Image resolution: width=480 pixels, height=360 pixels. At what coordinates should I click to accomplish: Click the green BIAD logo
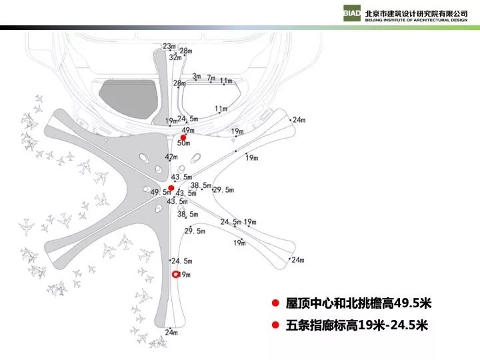[353, 14]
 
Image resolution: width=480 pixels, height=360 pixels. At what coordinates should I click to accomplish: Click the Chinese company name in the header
[416, 11]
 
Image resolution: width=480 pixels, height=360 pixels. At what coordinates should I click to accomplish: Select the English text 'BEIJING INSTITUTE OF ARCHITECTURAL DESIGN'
[416, 19]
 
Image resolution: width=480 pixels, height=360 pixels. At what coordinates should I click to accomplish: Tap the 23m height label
[169, 47]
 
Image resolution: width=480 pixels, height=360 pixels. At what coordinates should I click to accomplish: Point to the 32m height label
[175, 57]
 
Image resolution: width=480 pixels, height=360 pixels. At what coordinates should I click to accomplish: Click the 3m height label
[196, 77]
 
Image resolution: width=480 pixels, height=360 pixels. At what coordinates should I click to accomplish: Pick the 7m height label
[211, 78]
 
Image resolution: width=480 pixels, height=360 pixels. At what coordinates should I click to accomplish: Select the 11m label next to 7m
[227, 81]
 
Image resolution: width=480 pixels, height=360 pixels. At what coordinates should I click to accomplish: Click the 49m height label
[188, 130]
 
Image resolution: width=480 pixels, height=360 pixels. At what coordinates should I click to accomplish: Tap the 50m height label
[184, 143]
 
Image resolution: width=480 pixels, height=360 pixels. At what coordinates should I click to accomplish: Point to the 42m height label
[171, 157]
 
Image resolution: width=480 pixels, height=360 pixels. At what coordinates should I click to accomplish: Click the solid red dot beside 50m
[183, 137]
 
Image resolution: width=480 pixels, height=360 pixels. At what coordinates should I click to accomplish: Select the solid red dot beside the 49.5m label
[171, 188]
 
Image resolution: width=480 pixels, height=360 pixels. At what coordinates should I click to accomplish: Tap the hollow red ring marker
[177, 275]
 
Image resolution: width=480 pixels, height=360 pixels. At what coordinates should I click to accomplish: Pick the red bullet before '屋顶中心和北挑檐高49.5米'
[274, 303]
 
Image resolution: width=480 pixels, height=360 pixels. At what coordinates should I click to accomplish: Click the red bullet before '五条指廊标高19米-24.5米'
[274, 325]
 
